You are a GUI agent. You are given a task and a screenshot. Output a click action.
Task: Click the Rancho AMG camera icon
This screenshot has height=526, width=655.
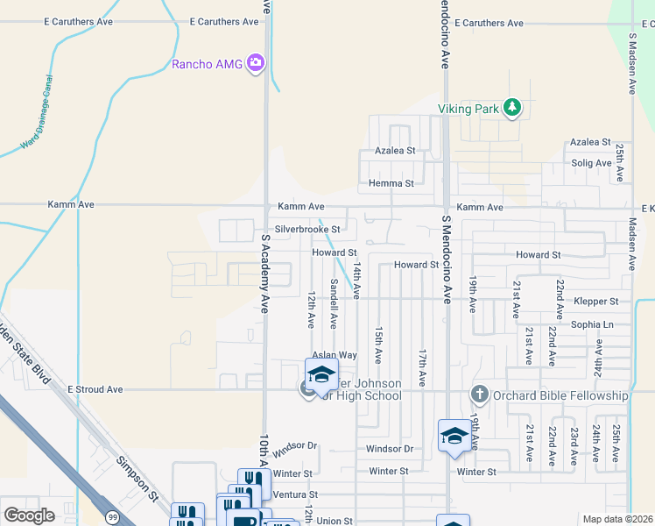pos(256,62)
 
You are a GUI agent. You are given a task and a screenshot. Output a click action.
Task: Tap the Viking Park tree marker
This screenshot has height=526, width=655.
pos(512,109)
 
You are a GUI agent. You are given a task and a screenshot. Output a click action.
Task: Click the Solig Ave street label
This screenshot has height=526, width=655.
pos(591,163)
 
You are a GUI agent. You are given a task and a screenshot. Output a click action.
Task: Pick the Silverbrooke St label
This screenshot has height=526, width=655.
pos(307,230)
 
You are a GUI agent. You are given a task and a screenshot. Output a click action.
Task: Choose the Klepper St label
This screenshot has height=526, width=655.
pos(596,301)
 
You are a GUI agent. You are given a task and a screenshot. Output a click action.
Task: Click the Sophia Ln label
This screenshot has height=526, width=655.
pos(595,324)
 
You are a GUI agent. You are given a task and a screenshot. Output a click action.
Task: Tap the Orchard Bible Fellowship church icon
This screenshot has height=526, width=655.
pos(479,395)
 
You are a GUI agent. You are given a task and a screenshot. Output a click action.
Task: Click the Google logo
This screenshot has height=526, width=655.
pos(29,515)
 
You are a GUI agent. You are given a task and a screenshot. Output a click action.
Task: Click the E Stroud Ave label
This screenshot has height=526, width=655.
pos(97,388)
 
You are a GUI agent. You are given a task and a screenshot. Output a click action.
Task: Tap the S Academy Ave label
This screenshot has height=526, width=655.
pos(264,273)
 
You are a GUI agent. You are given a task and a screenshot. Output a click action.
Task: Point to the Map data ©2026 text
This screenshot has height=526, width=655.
pos(617,519)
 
